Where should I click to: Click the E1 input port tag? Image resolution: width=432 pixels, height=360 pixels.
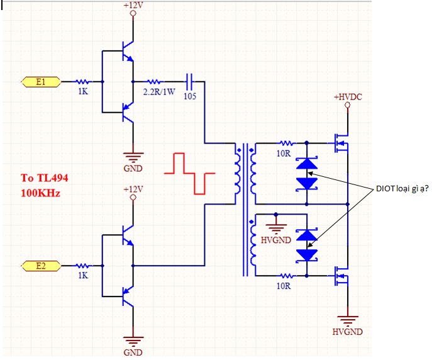(41, 82)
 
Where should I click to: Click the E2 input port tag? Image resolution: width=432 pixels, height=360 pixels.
(41, 266)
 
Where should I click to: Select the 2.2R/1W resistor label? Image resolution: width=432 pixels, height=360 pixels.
(159, 92)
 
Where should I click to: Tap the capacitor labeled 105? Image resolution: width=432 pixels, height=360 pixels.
(189, 82)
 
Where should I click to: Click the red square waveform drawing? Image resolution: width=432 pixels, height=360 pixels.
(189, 174)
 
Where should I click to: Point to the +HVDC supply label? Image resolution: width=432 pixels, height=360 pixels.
(348, 97)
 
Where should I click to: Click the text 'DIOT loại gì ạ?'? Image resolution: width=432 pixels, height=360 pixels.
(402, 189)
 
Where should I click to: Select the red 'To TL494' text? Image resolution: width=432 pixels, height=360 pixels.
(45, 177)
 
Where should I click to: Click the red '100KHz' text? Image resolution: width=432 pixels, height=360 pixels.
(40, 193)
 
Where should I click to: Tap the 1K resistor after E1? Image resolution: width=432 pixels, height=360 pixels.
(82, 82)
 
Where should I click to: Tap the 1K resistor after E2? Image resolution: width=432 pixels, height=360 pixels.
(82, 266)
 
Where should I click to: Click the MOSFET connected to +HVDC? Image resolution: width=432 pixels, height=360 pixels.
(341, 143)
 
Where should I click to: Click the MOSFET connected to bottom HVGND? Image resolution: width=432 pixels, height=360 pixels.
(341, 276)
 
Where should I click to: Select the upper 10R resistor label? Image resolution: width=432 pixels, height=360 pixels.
(284, 154)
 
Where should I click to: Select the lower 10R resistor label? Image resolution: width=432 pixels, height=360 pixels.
(284, 286)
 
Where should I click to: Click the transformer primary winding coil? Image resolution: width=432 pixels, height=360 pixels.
(238, 174)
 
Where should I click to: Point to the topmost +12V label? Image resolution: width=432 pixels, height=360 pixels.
(133, 5)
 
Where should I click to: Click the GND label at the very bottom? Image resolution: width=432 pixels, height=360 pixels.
(133, 352)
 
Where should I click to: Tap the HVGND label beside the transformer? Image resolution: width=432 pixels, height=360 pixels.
(276, 240)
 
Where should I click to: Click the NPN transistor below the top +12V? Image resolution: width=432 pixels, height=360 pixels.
(128, 51)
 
